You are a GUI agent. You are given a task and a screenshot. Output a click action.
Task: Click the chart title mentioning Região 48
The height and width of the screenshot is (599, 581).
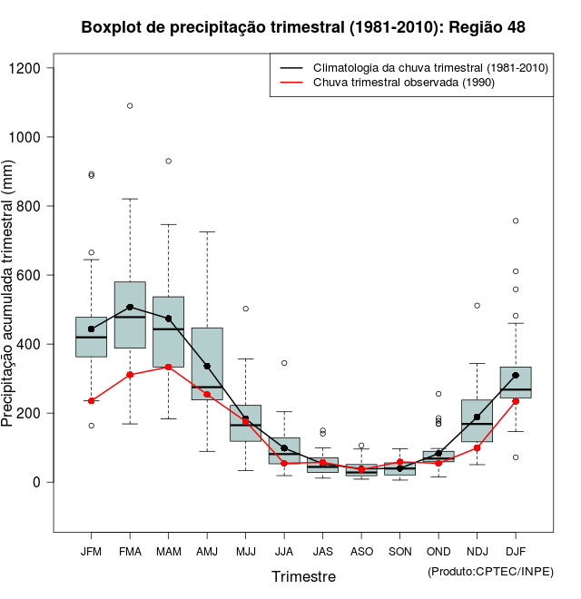pos(303,27)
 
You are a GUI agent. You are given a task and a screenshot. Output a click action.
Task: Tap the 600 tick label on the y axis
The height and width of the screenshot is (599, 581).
pos(30,275)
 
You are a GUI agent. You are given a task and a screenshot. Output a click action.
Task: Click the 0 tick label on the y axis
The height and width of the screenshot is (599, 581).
pos(36,482)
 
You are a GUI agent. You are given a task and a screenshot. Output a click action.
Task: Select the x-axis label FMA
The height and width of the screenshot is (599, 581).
pos(130,551)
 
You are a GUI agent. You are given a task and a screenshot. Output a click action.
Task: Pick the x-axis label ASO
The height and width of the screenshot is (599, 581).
pos(361,551)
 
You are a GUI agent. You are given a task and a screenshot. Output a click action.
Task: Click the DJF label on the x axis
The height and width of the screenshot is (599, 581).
pos(515,551)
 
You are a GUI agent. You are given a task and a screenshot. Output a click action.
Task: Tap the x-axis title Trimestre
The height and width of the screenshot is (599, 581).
pos(303,576)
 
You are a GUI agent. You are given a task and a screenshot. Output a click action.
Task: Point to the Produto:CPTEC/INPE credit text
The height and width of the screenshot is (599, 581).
pos(490,571)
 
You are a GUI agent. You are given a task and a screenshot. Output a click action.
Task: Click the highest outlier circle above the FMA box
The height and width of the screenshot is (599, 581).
pos(130,105)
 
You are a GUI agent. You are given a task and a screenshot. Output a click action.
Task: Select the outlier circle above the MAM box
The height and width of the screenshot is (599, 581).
pos(168,161)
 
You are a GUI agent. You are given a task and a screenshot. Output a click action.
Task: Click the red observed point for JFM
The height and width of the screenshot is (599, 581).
pos(91,400)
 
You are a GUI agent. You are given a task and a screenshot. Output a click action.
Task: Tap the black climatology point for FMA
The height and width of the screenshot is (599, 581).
pos(130,307)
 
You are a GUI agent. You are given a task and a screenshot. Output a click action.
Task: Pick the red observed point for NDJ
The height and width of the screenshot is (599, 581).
pos(477,447)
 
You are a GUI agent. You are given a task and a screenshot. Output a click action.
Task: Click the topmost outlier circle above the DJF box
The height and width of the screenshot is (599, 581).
pos(516,221)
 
